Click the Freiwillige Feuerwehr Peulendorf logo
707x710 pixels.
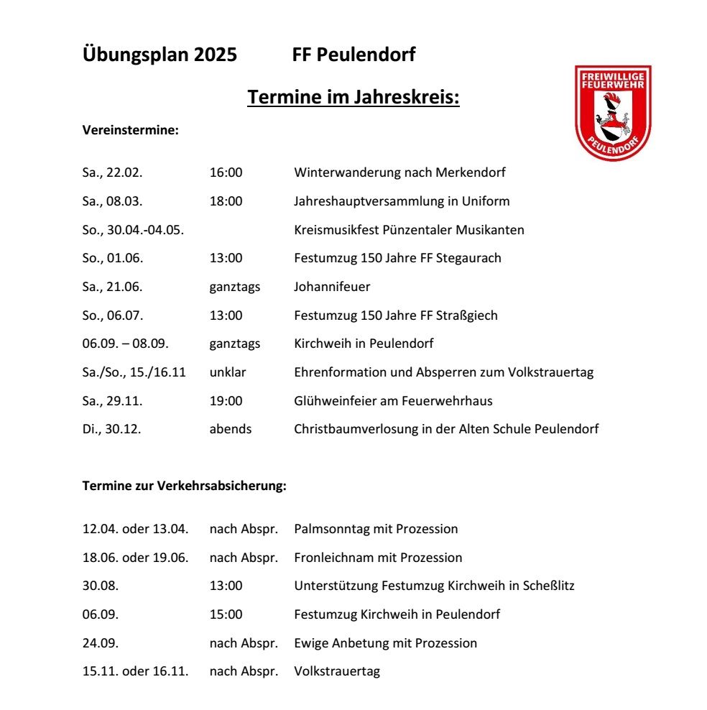[612, 113]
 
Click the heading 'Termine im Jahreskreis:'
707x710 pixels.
[353, 96]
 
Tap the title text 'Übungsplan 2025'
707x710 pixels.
[160, 55]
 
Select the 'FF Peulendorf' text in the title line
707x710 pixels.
[353, 55]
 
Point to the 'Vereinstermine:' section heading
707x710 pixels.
[130, 131]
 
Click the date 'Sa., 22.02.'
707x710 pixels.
[113, 172]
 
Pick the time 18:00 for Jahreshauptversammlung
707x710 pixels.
[226, 201]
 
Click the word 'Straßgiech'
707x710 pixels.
[470, 315]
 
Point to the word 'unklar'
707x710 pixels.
[228, 372]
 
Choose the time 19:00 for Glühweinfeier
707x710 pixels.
[226, 401]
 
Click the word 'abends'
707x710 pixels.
[230, 429]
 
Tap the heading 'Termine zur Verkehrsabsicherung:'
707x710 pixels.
[185, 487]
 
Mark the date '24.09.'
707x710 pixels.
[101, 643]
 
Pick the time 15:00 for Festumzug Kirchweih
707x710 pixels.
[226, 614]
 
